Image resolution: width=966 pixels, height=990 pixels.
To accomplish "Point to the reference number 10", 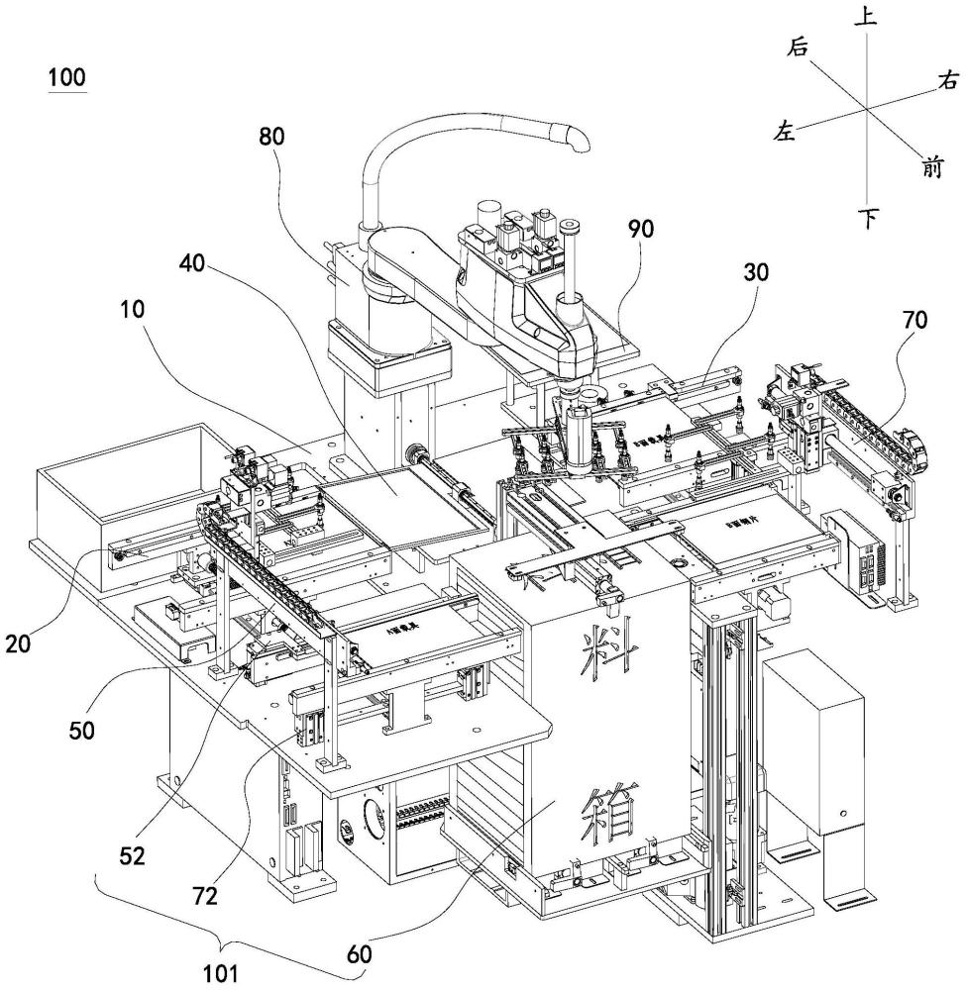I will (128, 309).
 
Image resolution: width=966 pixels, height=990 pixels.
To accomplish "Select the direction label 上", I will (869, 17).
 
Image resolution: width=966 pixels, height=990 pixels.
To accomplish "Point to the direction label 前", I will (930, 169).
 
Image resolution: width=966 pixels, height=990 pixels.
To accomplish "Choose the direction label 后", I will (797, 47).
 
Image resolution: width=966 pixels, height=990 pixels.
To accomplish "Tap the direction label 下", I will (868, 218).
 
